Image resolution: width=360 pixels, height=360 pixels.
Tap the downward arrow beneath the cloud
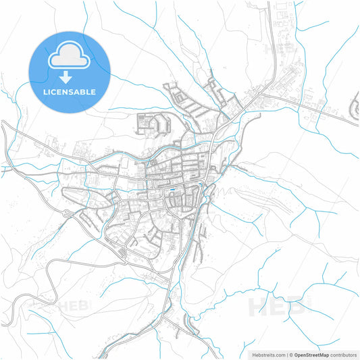pos(70,77)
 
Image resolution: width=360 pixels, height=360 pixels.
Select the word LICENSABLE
pos(70,91)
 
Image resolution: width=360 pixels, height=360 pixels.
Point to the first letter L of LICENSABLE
pos(45,91)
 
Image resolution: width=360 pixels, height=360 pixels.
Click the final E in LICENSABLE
pos(94,91)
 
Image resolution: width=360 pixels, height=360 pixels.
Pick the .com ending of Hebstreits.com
pos(278,354)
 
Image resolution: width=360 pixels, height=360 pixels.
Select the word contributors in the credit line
pos(344,354)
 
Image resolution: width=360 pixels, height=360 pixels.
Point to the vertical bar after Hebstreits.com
pos(286,354)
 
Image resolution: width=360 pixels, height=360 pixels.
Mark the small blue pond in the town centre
pos(174,188)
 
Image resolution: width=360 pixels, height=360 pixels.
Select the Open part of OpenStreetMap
pos(301,354)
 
